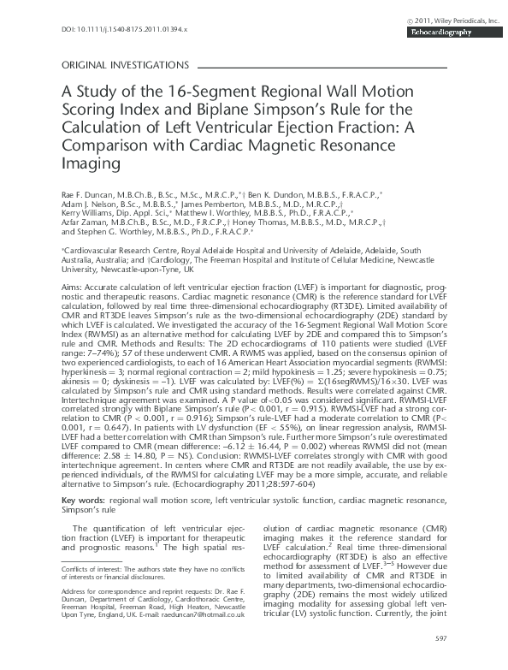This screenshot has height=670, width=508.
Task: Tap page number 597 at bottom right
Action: point(440,637)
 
